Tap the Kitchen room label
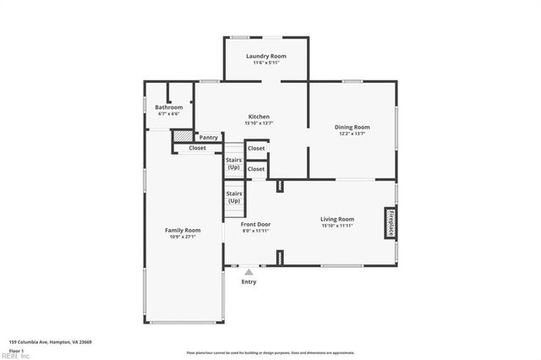[259, 117]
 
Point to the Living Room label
[337, 219]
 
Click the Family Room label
[182, 230]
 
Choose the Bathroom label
[169, 107]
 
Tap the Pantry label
[209, 137]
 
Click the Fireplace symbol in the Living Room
[391, 222]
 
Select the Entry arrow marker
[249, 272]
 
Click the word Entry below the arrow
[249, 282]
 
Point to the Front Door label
[256, 224]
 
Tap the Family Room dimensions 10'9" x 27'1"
[182, 236]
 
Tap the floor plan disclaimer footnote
[270, 352]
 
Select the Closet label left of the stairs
[197, 148]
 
